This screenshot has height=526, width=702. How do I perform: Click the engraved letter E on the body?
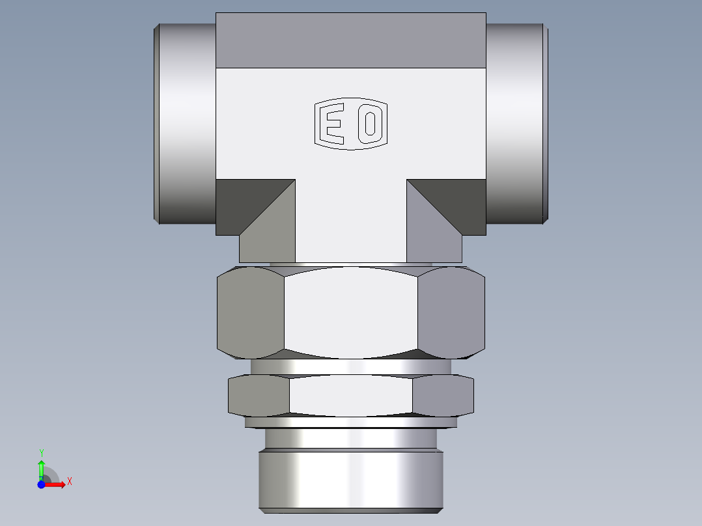(x=333, y=124)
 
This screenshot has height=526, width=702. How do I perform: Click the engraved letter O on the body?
(x=369, y=124)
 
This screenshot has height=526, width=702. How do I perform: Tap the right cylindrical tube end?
(x=514, y=124)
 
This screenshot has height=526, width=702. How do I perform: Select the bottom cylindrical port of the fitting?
(x=352, y=478)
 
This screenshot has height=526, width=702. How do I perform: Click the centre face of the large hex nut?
(x=351, y=312)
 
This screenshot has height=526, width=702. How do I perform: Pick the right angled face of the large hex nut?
(x=451, y=312)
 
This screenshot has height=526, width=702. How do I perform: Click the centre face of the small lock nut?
(x=351, y=395)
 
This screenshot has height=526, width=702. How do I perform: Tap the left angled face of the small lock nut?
(x=259, y=395)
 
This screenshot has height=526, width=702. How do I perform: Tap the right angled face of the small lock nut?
(x=443, y=395)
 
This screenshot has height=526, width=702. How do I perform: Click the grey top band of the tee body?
(x=351, y=40)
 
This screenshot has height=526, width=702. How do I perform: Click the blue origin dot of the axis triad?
(x=41, y=484)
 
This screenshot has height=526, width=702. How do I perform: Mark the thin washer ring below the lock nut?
(x=351, y=422)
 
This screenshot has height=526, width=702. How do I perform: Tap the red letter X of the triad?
(x=69, y=482)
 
